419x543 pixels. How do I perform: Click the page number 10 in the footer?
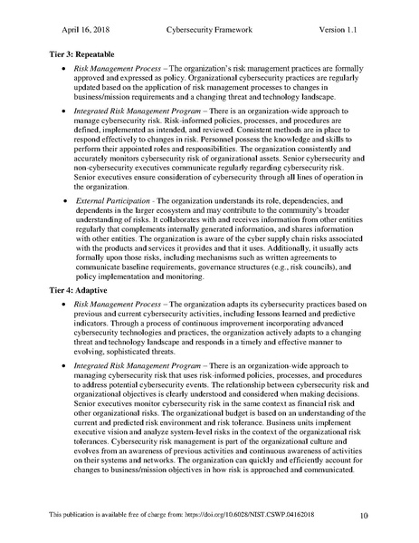[x=363, y=516]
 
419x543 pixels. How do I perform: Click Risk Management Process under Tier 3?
[x=117, y=69]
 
